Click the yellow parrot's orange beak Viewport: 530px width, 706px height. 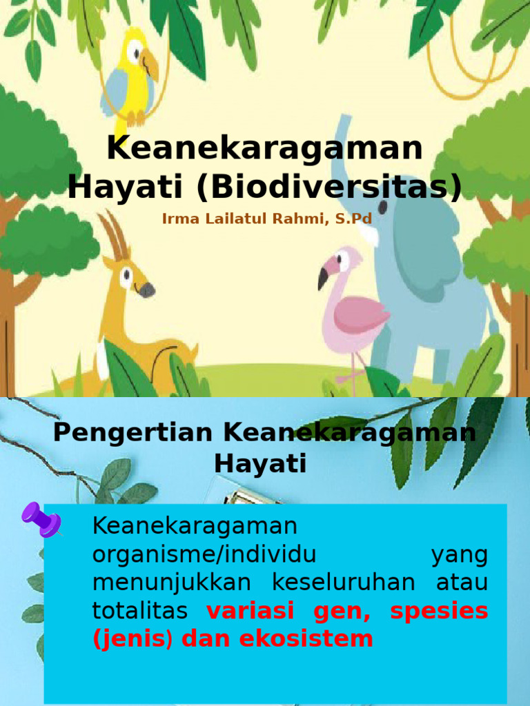pos(150,67)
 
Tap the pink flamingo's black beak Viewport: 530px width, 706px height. pos(323,279)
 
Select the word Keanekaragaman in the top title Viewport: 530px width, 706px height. pos(265,149)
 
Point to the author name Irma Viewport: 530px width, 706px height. pos(178,219)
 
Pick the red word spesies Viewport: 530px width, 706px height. pos(438,611)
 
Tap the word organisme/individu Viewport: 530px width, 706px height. pos(204,554)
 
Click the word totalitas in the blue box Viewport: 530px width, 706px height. pos(140,611)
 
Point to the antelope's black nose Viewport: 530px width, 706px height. pos(146,290)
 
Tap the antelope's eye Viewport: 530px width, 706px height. pos(126,276)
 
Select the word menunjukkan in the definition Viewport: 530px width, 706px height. pos(172,583)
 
